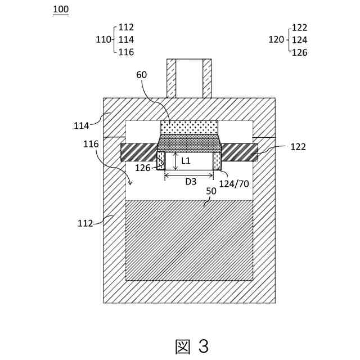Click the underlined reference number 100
point(60,10)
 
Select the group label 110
point(103,39)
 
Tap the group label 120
point(276,39)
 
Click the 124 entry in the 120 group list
point(299,40)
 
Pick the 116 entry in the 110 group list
point(127,52)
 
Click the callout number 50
point(211,191)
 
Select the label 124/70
point(235,183)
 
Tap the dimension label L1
point(186,161)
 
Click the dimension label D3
point(191,181)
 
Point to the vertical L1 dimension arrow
point(176,161)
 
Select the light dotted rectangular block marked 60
point(189,127)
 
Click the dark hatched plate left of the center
point(138,152)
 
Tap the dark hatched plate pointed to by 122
point(240,152)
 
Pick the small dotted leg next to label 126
point(161,160)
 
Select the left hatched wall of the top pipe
point(171,78)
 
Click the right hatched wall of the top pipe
point(207,78)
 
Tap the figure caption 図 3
point(192,346)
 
